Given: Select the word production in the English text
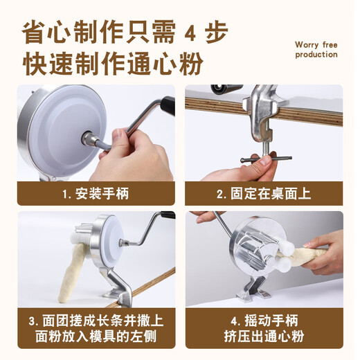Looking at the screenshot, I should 316,55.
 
